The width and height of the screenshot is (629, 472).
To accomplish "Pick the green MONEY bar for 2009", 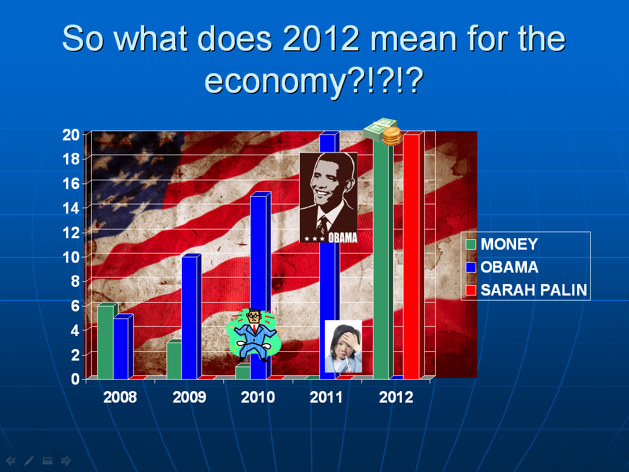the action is [x=174, y=359].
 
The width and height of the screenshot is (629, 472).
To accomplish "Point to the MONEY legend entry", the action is [x=502, y=244].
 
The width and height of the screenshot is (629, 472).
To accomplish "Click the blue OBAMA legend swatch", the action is [x=471, y=267].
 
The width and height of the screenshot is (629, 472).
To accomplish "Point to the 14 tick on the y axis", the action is [x=71, y=208].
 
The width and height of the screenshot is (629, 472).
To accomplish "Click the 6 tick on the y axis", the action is [x=75, y=306].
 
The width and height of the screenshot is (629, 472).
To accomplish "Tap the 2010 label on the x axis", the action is [x=258, y=397].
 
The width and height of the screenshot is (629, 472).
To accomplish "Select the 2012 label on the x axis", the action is [x=396, y=397].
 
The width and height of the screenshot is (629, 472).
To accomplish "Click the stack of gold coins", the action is [x=391, y=136].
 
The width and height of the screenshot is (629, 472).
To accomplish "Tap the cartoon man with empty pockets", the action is [x=253, y=335].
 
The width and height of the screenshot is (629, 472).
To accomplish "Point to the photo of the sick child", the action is [x=343, y=346].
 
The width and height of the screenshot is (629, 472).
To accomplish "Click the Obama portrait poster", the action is [x=329, y=197].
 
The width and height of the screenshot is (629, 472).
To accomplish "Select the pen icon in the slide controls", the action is [x=29, y=461].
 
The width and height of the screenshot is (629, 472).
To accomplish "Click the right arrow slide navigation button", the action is [x=66, y=461].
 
